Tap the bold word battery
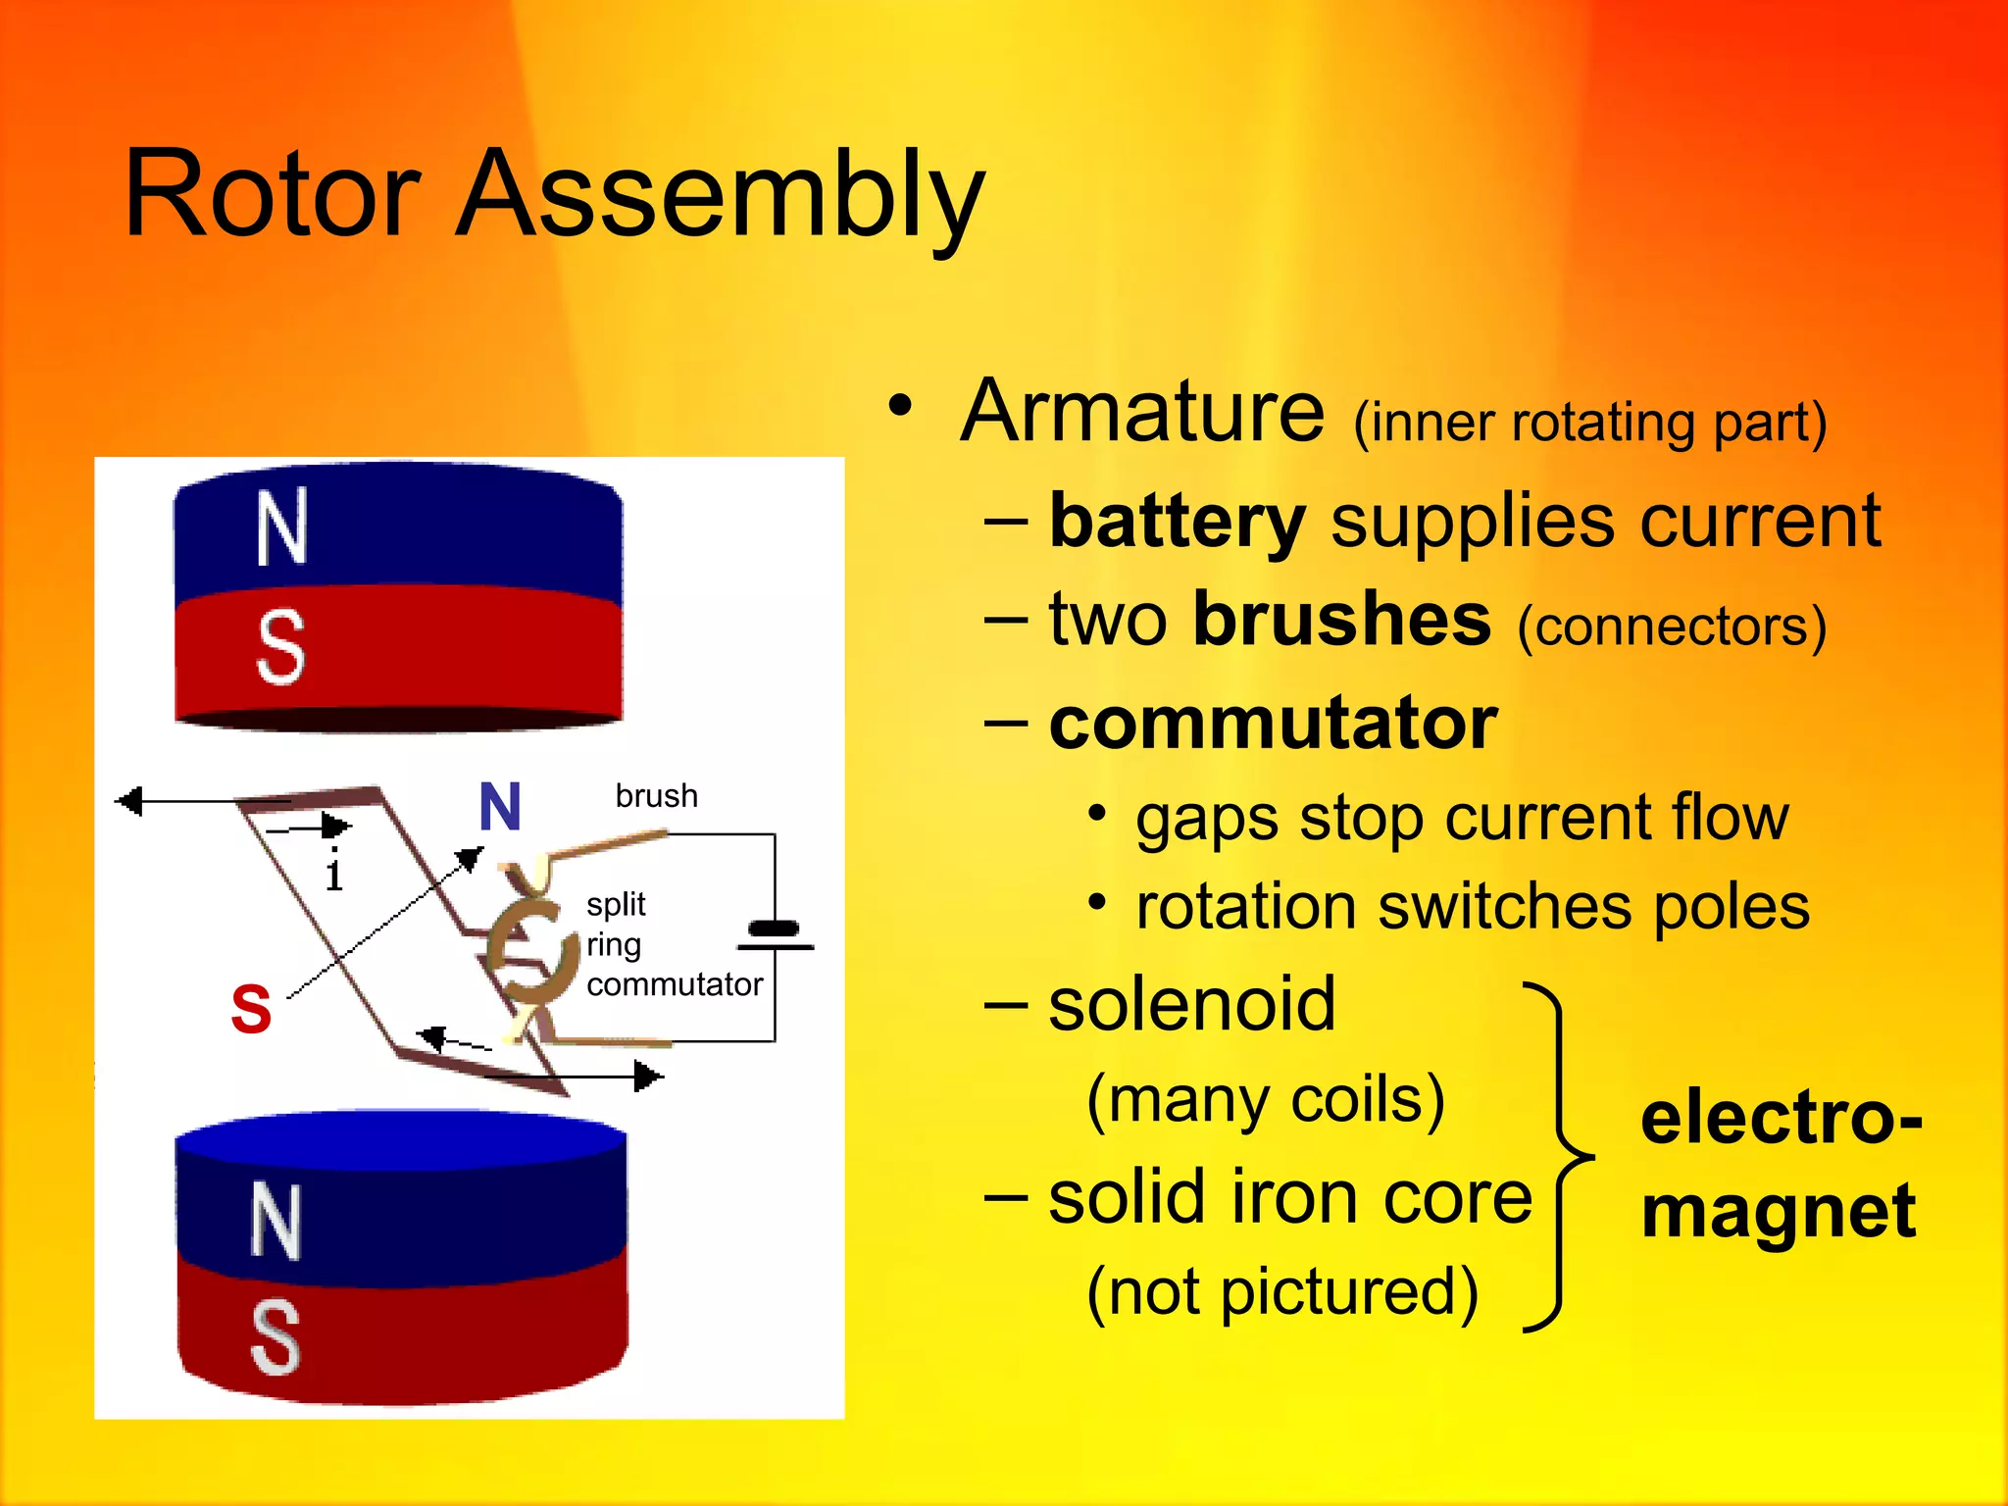click(x=1177, y=522)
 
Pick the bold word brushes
click(x=1341, y=620)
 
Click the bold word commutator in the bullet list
click(x=1273, y=724)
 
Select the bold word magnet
click(x=1779, y=1212)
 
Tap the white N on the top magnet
click(x=281, y=528)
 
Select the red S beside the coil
click(x=251, y=1009)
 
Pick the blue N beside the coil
click(x=500, y=807)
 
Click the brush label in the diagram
click(x=656, y=795)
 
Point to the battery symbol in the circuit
click(x=775, y=935)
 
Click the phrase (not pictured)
click(x=1282, y=1292)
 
